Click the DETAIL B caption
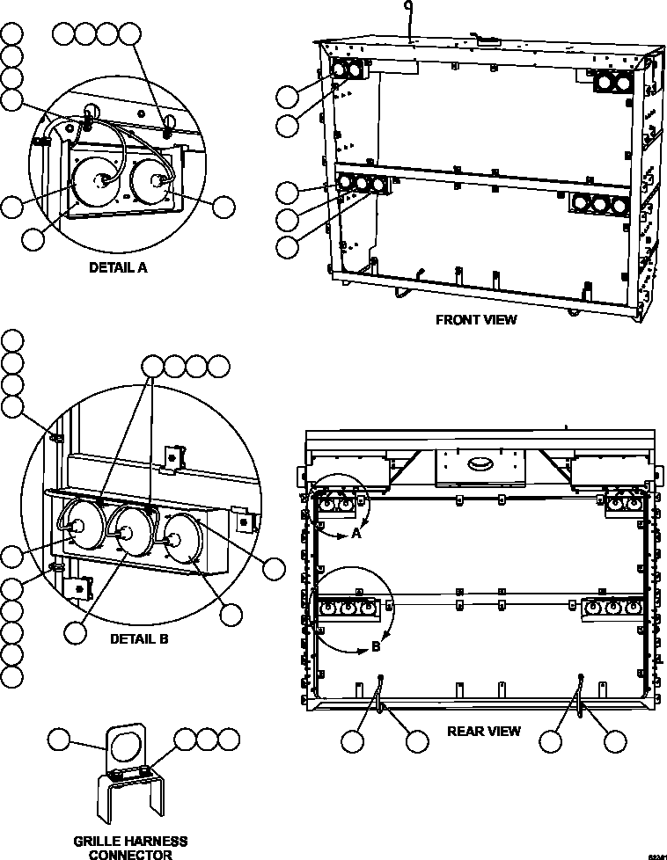pos(138,639)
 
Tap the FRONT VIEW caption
pos(476,320)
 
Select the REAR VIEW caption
pos(484,731)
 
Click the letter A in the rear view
pos(355,534)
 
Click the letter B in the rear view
pos(377,646)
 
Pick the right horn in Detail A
pos(153,180)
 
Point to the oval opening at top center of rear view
pos(480,463)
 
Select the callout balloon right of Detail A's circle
pos(224,207)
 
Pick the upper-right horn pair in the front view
pos(612,82)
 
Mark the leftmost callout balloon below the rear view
pos(353,742)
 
